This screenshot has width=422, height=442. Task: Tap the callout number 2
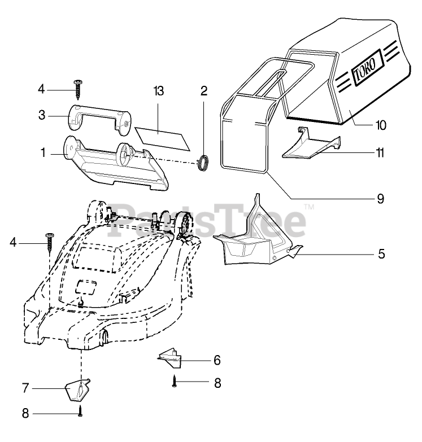[x=203, y=90]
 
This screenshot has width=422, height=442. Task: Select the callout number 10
[x=381, y=125]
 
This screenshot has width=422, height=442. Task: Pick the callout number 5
[x=381, y=253]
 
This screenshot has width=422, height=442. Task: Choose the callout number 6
[x=216, y=360]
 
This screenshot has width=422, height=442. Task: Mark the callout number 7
[x=25, y=389]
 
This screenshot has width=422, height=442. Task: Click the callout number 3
[x=42, y=115]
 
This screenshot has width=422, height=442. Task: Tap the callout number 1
[x=42, y=152]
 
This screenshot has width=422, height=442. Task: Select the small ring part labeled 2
[x=203, y=161]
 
